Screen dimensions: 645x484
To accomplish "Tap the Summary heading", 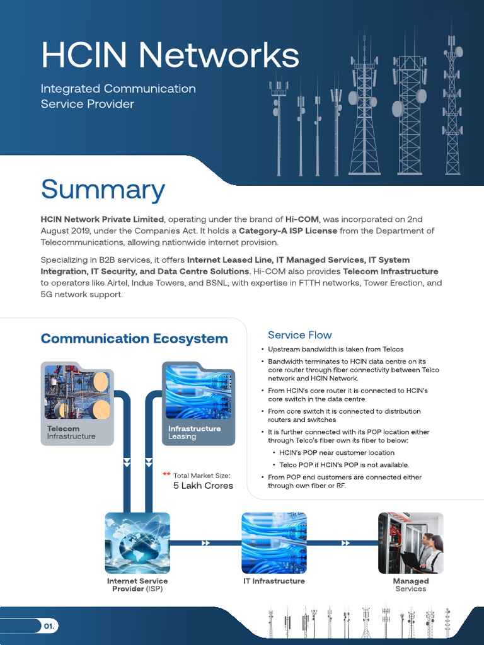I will tap(103, 190).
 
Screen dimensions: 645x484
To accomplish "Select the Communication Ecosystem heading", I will tap(134, 339).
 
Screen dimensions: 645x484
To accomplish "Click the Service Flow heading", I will tap(299, 335).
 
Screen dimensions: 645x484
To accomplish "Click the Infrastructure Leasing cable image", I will tap(198, 393).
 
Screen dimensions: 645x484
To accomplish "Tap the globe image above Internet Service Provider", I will tap(137, 543).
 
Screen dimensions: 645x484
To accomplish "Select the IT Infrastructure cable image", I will tap(274, 543).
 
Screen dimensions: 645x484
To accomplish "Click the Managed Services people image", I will tap(410, 543).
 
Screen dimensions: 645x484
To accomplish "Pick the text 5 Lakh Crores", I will tap(203, 486).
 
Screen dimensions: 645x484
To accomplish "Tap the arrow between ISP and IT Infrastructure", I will tap(206, 543).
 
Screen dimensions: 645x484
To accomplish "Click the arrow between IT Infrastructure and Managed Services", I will tap(345, 543).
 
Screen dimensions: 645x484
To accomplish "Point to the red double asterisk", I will tap(166, 474).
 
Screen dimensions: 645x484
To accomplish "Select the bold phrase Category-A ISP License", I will tap(288, 231).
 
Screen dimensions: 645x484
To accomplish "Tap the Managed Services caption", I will tap(410, 585).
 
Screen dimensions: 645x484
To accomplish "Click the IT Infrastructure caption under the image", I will tap(274, 581).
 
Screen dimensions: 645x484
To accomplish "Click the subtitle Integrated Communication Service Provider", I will tap(118, 96).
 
